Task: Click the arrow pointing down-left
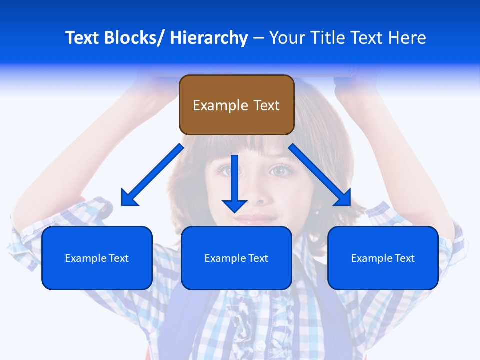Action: point(152,175)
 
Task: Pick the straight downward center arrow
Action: point(234,182)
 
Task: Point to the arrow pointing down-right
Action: point(320,175)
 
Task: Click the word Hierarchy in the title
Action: point(209,38)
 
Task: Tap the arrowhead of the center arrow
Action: point(234,205)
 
